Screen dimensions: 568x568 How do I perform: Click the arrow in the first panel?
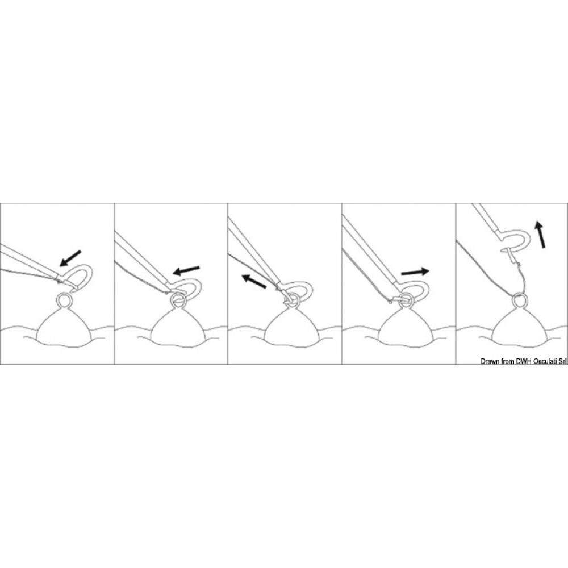pyautogui.click(x=70, y=258)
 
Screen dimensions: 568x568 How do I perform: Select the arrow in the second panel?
pyautogui.click(x=186, y=270)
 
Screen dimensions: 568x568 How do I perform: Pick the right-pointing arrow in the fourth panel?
pyautogui.click(x=415, y=272)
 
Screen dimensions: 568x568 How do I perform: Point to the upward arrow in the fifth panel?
pyautogui.click(x=540, y=235)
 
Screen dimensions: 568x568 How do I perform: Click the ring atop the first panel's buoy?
pyautogui.click(x=64, y=299)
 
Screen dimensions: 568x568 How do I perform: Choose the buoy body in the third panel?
pyautogui.click(x=291, y=329)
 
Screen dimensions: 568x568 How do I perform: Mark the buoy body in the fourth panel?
pyautogui.click(x=405, y=329)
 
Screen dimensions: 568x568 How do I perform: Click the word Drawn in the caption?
pyautogui.click(x=490, y=361)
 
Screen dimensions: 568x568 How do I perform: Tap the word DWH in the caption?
pyautogui.click(x=523, y=361)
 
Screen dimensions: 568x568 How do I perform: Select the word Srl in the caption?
pyautogui.click(x=562, y=361)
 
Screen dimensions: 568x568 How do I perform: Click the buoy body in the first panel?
pyautogui.click(x=64, y=329)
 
